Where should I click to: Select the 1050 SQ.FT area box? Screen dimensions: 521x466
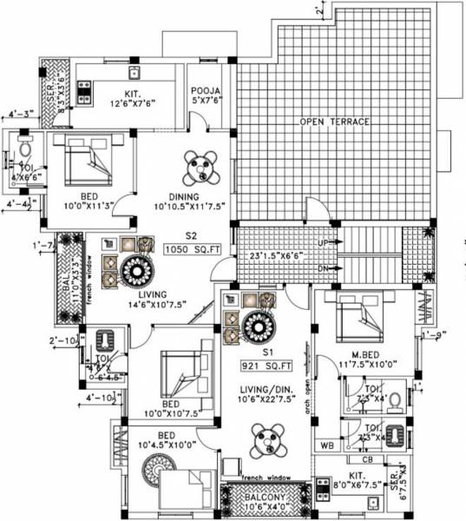[x=180, y=250]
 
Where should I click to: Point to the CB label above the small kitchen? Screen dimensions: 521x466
[x=368, y=459]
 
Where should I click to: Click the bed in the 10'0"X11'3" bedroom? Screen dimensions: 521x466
[x=85, y=162]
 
